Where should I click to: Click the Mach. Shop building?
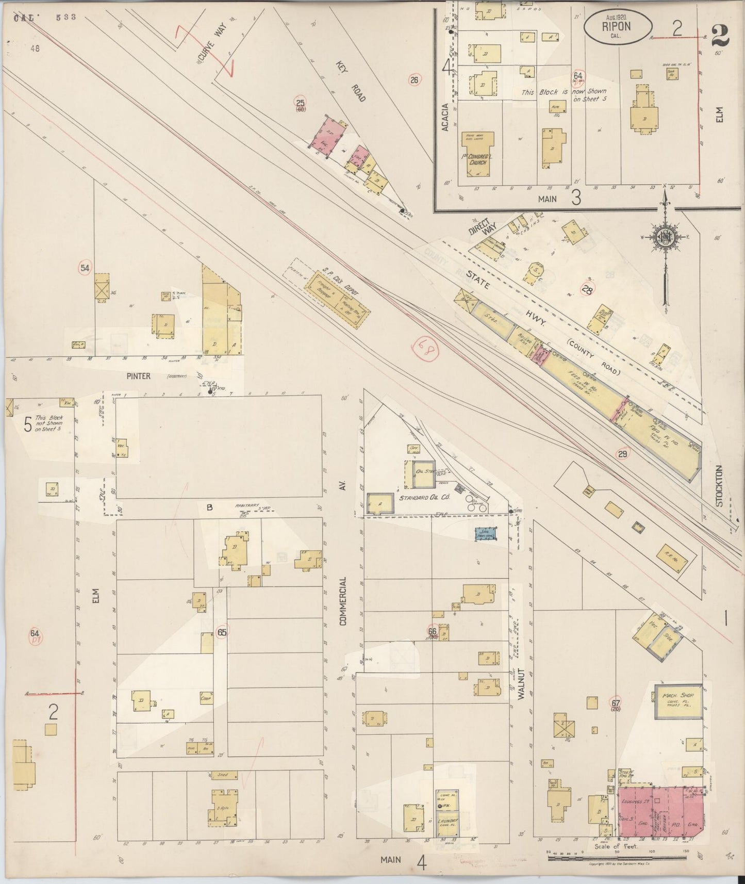pos(678,701)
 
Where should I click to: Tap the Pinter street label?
pos(138,376)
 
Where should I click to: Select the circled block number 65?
pos(222,632)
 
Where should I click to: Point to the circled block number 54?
pos(85,268)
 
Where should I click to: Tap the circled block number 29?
pos(623,454)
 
